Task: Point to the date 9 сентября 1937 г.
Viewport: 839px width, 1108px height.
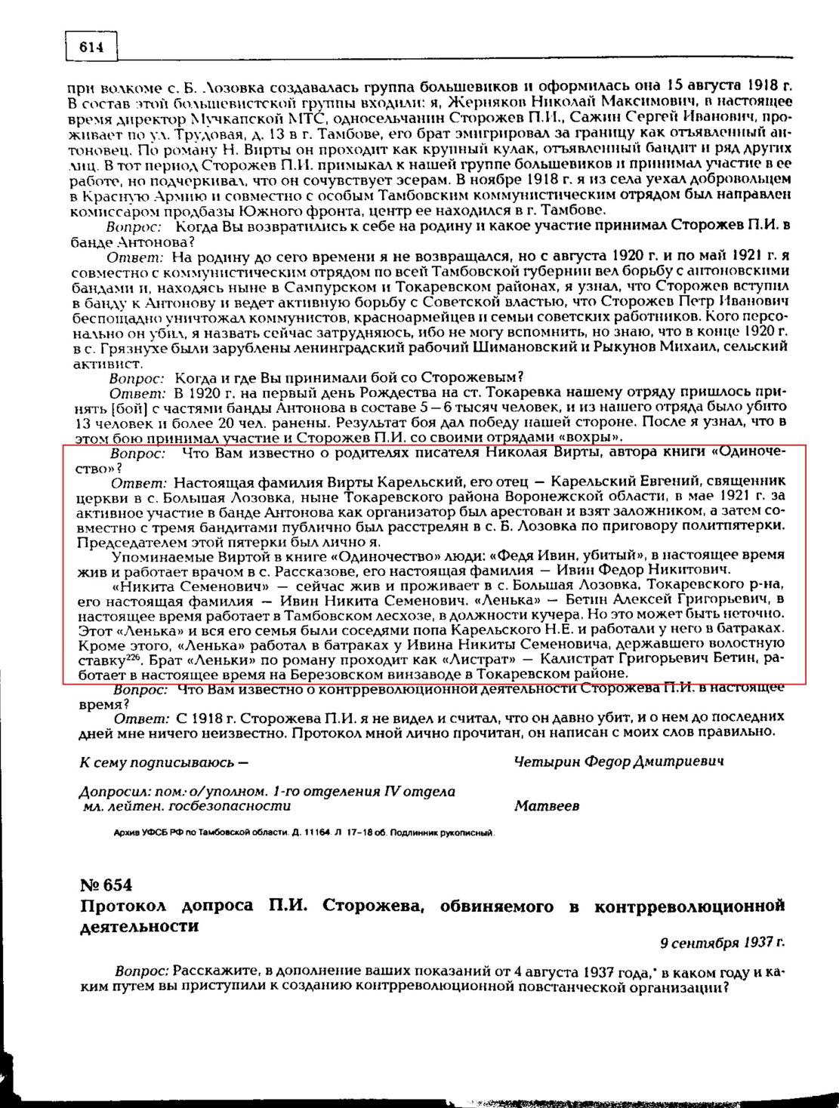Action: (x=722, y=942)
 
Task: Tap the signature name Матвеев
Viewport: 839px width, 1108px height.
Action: (x=547, y=805)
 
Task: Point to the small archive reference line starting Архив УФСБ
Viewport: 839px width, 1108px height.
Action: (x=302, y=833)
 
